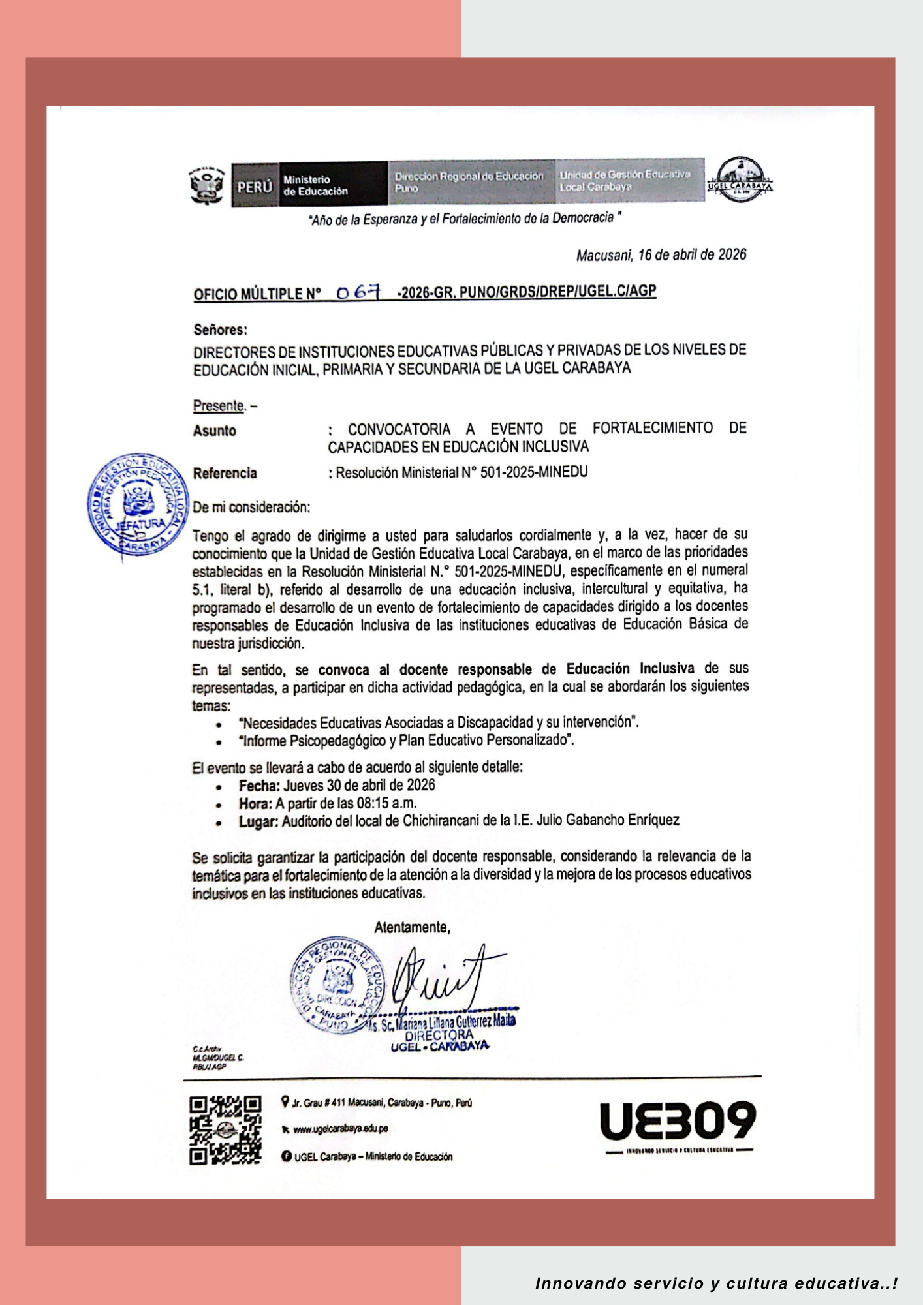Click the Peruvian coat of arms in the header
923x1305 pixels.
206,185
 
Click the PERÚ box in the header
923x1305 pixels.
255,187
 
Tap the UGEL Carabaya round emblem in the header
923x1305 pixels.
740,179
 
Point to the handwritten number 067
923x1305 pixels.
358,293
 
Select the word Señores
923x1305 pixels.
220,330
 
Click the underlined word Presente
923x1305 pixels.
219,405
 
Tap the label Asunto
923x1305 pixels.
214,431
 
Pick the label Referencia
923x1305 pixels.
225,473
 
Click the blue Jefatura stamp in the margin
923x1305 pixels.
137,504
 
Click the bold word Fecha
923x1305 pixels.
258,786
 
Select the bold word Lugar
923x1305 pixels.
258,821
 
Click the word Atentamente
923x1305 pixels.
412,927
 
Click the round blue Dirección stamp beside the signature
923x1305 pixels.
337,985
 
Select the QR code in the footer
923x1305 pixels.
225,1129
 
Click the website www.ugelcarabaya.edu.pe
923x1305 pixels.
340,1128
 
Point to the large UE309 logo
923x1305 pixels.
678,1121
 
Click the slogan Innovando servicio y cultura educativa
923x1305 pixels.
715,1283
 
